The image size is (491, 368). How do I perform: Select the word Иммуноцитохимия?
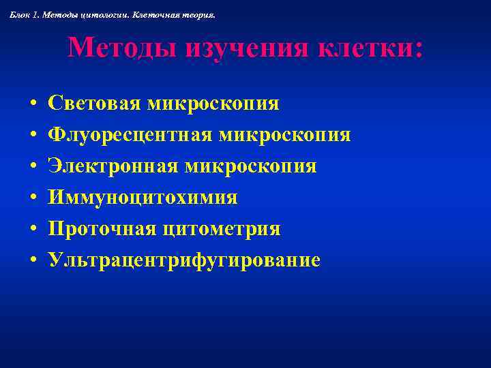[x=143, y=198]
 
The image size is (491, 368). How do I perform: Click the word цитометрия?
[x=222, y=229]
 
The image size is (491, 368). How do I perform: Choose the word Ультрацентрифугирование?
[x=184, y=260]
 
